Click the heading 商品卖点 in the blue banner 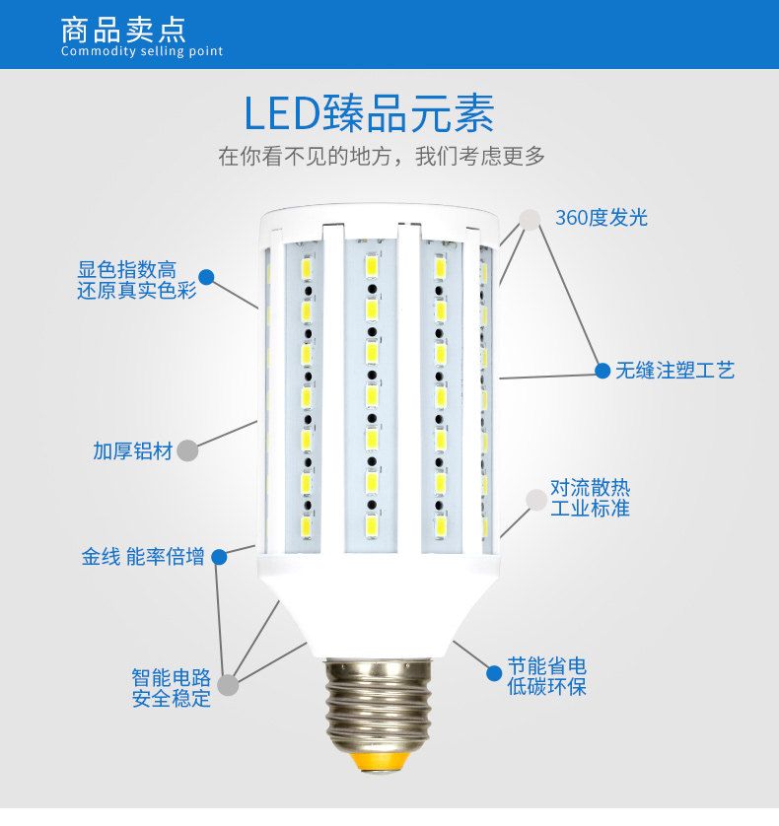(x=123, y=28)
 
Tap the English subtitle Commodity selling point (x=142, y=51)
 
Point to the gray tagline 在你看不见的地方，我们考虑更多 (x=382, y=156)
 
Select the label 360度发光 (x=602, y=218)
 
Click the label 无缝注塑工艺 (x=675, y=371)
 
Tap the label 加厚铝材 (x=133, y=451)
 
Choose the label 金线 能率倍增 (x=143, y=557)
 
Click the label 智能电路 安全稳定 (x=172, y=689)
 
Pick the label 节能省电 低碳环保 (x=547, y=676)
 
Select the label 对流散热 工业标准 (x=590, y=498)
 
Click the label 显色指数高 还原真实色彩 (x=137, y=281)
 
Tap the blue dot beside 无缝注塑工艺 (x=602, y=371)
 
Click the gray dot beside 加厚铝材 (x=187, y=450)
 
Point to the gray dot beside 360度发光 (x=531, y=219)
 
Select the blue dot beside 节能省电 (x=494, y=673)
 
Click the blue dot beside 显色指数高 (x=206, y=277)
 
